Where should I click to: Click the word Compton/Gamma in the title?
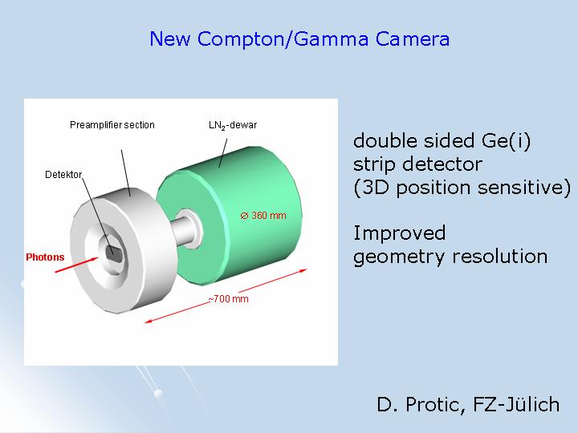(283, 39)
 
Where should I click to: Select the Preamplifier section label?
(112, 125)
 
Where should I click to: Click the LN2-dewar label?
(233, 125)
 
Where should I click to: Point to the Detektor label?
(63, 175)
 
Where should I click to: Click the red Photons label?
(45, 257)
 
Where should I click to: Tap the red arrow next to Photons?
(77, 265)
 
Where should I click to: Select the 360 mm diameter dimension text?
(263, 216)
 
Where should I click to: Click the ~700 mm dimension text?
(229, 299)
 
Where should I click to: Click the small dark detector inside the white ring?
(113, 253)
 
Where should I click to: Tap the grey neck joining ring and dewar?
(185, 230)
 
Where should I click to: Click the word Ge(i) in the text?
(506, 141)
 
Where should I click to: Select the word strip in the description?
(375, 164)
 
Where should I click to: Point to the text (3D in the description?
(371, 188)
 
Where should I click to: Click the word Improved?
(399, 233)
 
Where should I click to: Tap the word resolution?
(499, 257)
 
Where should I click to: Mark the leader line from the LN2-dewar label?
(223, 153)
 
